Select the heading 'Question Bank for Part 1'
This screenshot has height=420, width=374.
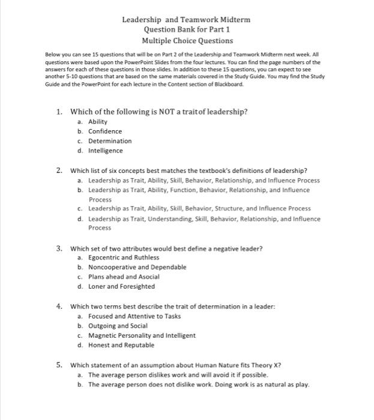[x=186, y=30]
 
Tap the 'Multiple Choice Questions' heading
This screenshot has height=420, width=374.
[x=187, y=41]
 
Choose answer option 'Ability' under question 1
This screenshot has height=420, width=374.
[x=98, y=122]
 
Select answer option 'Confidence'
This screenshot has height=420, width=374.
[x=105, y=131]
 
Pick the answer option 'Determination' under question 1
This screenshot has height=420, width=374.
[x=110, y=141]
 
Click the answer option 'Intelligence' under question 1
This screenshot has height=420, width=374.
[x=106, y=151]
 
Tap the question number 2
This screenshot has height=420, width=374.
[x=59, y=170]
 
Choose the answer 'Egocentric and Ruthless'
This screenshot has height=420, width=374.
[x=124, y=257]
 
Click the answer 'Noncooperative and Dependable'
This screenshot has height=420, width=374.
[x=137, y=267]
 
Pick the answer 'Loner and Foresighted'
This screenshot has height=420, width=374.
[x=121, y=286]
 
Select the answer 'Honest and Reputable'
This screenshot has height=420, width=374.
[x=121, y=345]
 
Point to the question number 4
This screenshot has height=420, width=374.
[x=59, y=306]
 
